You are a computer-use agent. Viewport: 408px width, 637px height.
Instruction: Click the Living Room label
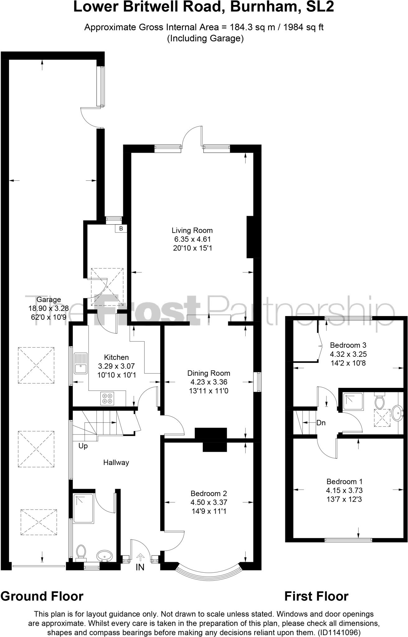[192, 230]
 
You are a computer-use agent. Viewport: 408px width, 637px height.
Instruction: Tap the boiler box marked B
[121, 229]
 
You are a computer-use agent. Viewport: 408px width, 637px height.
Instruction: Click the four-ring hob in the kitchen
[107, 399]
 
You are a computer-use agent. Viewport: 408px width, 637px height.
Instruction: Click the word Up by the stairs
[83, 446]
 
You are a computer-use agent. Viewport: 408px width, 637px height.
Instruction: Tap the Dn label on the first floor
[321, 423]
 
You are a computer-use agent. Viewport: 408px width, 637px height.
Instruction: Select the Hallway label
[116, 463]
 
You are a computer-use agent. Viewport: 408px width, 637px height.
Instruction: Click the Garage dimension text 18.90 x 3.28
[49, 308]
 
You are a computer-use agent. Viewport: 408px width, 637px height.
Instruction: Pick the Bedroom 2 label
[209, 493]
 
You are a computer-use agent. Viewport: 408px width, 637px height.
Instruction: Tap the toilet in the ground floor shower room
[81, 551]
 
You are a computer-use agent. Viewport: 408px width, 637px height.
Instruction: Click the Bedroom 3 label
[348, 345]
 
